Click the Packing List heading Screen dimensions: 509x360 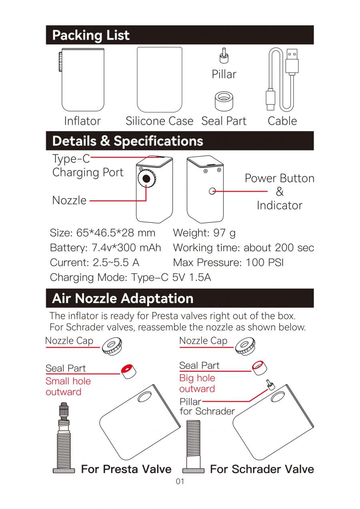(x=91, y=35)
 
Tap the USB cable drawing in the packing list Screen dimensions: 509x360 (x=282, y=80)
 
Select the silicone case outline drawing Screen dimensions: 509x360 (x=160, y=80)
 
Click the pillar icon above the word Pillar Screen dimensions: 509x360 (x=224, y=56)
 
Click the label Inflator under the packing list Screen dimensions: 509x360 (x=82, y=121)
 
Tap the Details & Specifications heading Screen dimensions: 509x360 (x=128, y=141)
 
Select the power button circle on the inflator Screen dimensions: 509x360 (x=213, y=191)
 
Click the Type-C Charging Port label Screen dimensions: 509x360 (x=87, y=166)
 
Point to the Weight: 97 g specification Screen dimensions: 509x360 (x=204, y=233)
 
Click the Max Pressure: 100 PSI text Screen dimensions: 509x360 (x=228, y=263)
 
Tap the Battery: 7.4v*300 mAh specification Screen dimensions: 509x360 (x=105, y=248)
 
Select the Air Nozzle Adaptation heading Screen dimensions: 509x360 (x=123, y=298)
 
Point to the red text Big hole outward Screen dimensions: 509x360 (x=197, y=383)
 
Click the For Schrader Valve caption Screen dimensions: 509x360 (x=262, y=469)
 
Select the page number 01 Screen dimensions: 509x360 (x=180, y=481)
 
